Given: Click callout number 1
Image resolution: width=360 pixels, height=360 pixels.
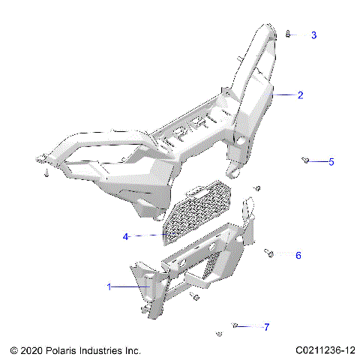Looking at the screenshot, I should coord(109,286).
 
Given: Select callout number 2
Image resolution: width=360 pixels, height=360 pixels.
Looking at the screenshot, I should coord(300,95).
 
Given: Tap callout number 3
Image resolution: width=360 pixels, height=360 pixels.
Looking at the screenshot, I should coord(313,35).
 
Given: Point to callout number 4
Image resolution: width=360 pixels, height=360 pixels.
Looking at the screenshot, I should coord(126,236).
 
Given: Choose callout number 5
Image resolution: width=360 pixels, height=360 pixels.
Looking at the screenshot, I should coord(331,161).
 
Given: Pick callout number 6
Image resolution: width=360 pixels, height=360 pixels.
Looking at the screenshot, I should coord(298,256).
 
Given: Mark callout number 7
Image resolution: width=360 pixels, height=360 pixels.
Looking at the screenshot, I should coord(265,327).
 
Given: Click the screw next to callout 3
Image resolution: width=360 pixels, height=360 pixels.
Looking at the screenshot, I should coord(289,34).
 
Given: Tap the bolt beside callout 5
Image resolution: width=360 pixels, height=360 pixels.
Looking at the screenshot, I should coord(305,160).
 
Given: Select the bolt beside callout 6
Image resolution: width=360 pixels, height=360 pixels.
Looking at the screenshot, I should coord(268,253).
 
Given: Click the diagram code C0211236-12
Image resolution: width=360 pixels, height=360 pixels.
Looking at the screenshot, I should coord(325,349).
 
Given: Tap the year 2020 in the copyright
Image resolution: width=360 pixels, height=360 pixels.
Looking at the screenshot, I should coord(31,349).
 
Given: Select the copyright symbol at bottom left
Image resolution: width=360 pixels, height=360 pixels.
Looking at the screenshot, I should coord(13,349).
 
